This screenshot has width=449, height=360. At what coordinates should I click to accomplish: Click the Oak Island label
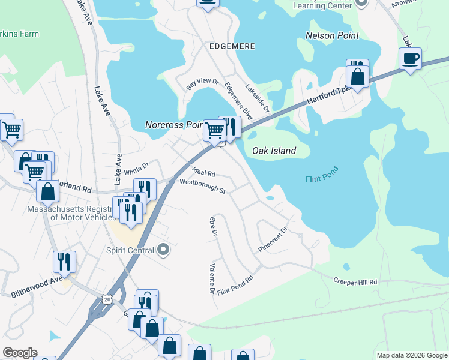274,151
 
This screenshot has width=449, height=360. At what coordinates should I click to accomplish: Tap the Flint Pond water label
322,174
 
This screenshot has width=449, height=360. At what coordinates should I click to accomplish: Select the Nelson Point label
332,35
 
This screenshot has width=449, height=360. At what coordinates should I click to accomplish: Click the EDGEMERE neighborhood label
232,46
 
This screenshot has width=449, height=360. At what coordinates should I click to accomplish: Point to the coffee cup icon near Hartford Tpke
411,59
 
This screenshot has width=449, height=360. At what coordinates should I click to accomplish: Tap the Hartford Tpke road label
328,93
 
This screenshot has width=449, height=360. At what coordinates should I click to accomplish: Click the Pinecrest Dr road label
274,238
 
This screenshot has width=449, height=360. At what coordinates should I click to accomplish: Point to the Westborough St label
202,186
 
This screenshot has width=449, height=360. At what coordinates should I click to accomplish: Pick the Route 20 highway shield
107,299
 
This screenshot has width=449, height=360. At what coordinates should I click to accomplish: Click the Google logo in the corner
20,353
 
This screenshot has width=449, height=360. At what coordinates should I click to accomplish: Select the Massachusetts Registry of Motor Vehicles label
70,213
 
